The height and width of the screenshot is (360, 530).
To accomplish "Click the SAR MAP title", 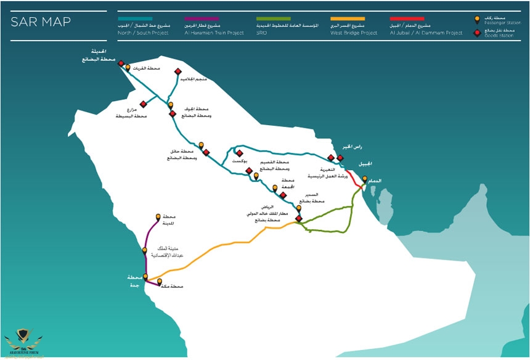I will click(x=41, y=23).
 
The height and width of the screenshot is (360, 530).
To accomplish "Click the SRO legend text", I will click(x=261, y=33).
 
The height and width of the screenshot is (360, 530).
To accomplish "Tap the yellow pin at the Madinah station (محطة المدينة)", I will click(x=158, y=217).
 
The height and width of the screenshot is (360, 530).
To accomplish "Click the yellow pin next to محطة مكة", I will click(x=160, y=282).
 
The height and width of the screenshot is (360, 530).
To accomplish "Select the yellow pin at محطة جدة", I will click(x=145, y=277).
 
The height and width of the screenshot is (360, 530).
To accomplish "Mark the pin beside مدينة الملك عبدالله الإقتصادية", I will click(x=145, y=250).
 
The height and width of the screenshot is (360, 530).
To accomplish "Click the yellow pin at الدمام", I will click(x=365, y=179).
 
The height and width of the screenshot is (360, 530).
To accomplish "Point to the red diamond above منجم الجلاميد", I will click(x=177, y=72).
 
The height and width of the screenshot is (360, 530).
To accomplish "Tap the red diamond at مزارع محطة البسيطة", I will click(x=144, y=104).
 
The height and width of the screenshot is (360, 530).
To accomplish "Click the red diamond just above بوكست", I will click(x=239, y=153).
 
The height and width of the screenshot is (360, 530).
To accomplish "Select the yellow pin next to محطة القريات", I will click(x=128, y=67).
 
